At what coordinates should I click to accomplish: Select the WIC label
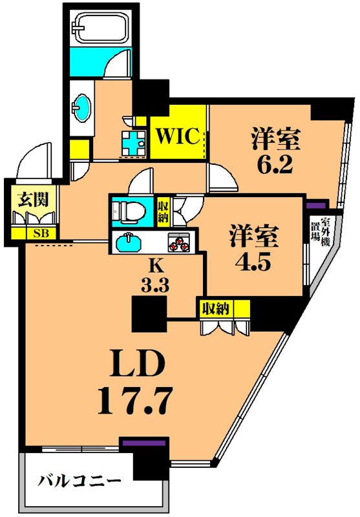pos(176,136)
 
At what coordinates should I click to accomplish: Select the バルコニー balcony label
pos(78,481)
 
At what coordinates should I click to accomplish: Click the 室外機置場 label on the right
pos(321,234)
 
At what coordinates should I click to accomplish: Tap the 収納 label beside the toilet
pos(163,211)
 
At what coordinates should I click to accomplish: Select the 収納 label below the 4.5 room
pos(215,308)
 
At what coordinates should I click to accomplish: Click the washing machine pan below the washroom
pos(134,143)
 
